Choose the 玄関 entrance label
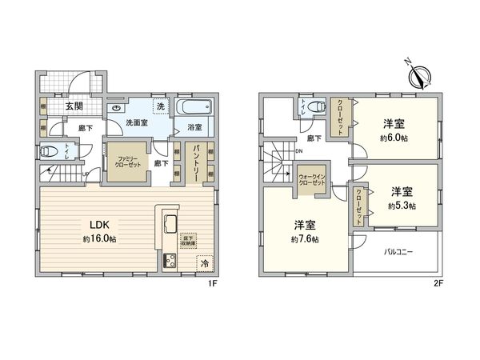pyautogui.click(x=74, y=105)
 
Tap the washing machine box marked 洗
pyautogui.click(x=160, y=106)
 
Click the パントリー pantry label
pyautogui.click(x=194, y=165)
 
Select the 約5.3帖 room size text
pyautogui.click(x=402, y=205)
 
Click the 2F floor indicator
pyautogui.click(x=438, y=282)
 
